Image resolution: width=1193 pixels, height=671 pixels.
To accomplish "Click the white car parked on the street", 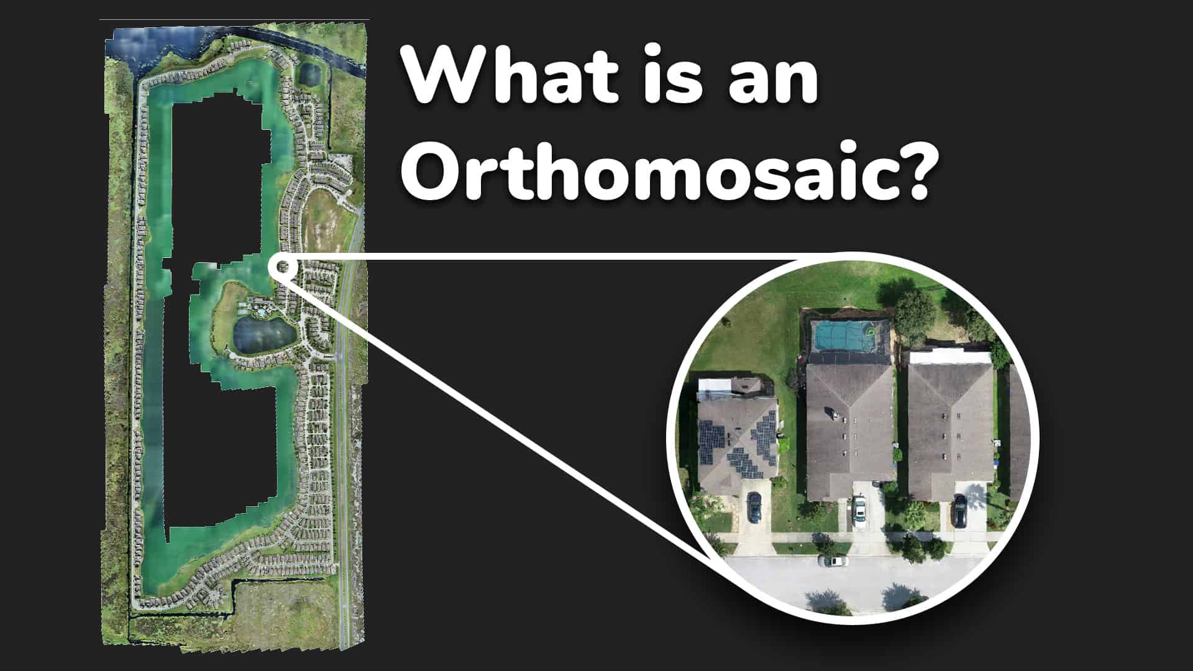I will click(x=833, y=561).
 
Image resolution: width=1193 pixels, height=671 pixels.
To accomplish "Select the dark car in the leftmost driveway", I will click(x=754, y=507).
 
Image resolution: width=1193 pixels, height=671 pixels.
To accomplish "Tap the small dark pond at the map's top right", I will click(x=309, y=75).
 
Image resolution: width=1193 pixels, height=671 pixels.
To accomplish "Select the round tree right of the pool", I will click(x=913, y=311).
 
